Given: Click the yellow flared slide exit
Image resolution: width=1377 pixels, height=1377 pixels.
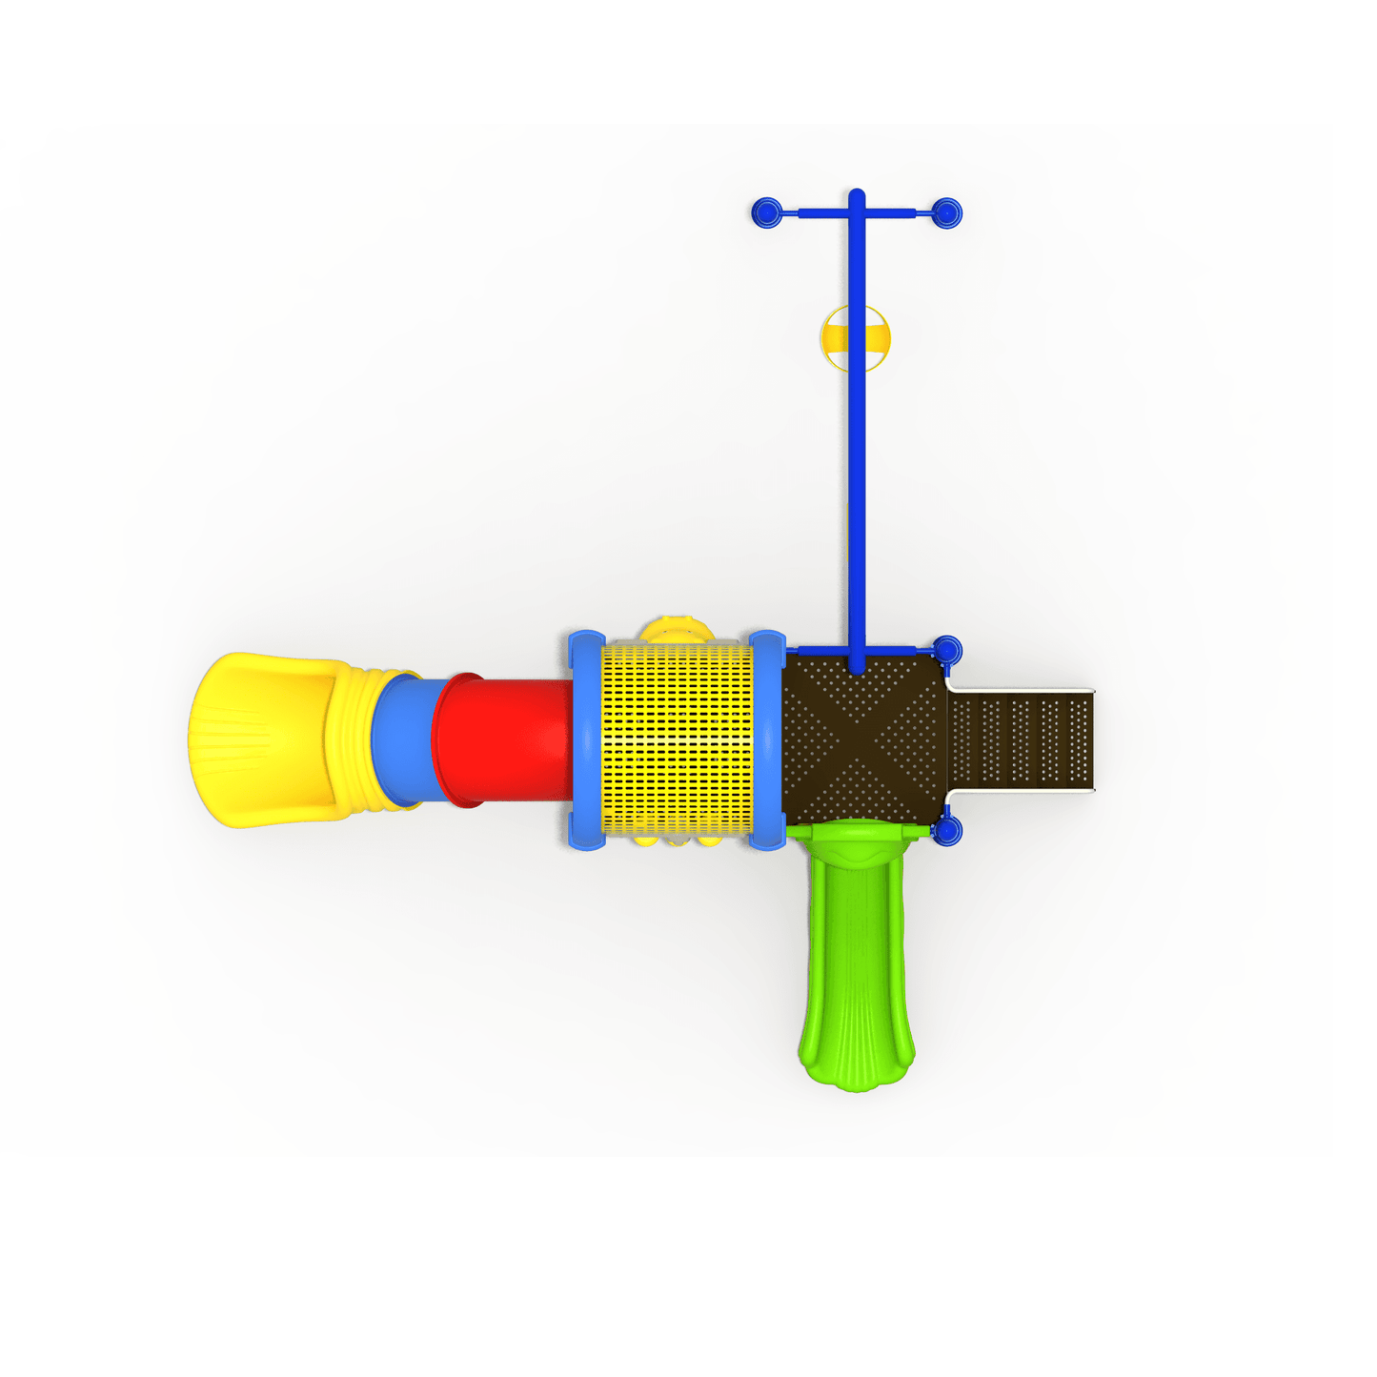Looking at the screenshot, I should (257, 739).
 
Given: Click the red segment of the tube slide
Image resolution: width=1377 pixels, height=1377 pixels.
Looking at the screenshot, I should (505, 739).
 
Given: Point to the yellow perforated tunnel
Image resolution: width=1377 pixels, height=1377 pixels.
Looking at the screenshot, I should (677, 739).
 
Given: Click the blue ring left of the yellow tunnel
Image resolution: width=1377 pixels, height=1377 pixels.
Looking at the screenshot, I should (585, 739).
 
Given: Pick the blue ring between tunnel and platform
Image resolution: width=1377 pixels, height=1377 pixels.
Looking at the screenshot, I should (767, 739).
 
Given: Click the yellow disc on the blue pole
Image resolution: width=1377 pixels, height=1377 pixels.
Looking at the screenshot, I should (855, 338).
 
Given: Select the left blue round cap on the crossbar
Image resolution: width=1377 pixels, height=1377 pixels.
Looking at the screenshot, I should (766, 213).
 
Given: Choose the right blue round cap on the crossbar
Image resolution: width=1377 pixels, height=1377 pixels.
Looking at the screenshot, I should (946, 213).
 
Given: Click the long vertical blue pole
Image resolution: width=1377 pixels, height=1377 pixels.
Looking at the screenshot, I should (857, 476).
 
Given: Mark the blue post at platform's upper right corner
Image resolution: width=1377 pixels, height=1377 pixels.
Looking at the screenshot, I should (947, 652).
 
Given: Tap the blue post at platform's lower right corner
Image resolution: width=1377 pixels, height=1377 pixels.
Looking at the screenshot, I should (947, 831).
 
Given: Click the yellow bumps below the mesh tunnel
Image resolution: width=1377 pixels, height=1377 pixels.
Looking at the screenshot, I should (677, 840).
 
